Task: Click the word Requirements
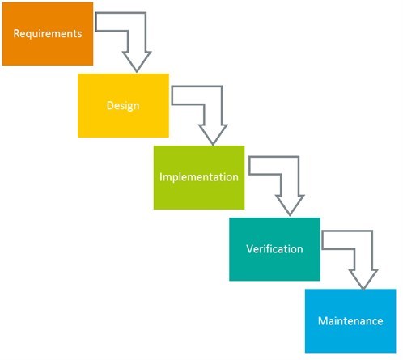[48, 34]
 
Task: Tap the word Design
[123, 105]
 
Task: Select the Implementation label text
[199, 177]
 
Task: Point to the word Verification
[274, 248]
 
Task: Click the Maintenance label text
[350, 321]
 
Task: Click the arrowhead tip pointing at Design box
[137, 72]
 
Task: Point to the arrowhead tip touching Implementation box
[213, 146]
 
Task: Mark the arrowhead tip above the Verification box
[290, 216]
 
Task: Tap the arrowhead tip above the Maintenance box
[363, 290]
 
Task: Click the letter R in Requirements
[16, 33]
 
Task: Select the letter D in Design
[110, 105]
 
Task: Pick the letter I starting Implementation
[161, 177]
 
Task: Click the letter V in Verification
[250, 248]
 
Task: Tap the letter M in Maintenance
[323, 321]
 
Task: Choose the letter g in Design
[129, 107]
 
